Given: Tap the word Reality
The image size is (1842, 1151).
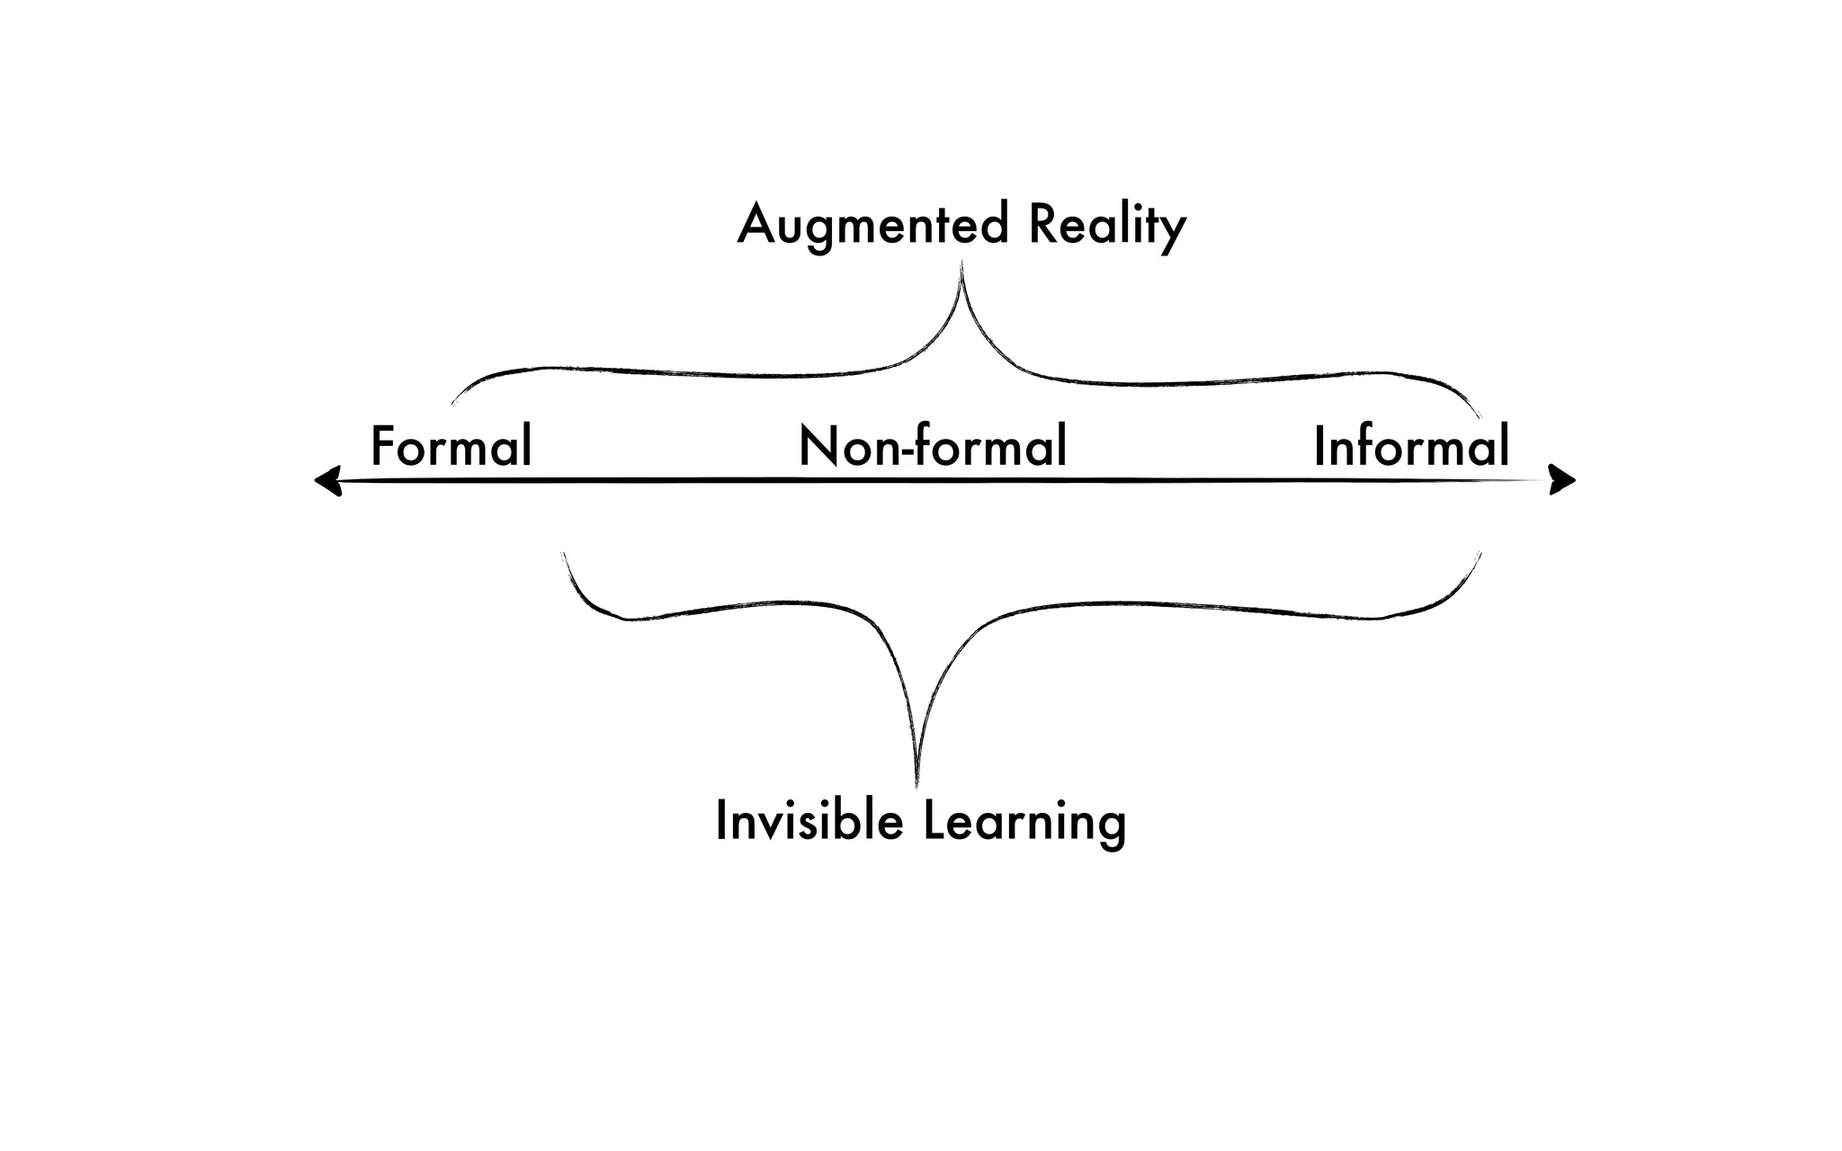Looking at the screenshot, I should (x=1107, y=225).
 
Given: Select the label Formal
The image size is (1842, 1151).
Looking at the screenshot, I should (x=452, y=446).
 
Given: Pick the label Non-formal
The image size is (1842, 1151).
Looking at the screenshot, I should (x=933, y=446).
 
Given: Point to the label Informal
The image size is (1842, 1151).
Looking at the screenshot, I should (x=1411, y=446).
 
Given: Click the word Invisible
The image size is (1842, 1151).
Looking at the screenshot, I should (x=809, y=821).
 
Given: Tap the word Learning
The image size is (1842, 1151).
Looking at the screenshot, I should (x=1024, y=821).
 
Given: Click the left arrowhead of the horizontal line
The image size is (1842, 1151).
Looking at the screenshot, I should (x=326, y=481).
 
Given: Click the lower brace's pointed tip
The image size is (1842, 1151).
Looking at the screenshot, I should (x=917, y=784).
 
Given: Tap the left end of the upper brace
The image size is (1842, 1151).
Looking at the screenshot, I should (x=452, y=405).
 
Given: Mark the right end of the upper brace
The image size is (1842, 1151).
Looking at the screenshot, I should (x=1480, y=416).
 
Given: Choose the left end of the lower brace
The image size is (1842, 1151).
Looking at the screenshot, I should (x=563, y=554).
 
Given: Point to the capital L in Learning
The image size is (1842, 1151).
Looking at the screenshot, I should (x=932, y=820).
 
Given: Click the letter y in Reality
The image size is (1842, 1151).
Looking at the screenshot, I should (x=1173, y=233).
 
